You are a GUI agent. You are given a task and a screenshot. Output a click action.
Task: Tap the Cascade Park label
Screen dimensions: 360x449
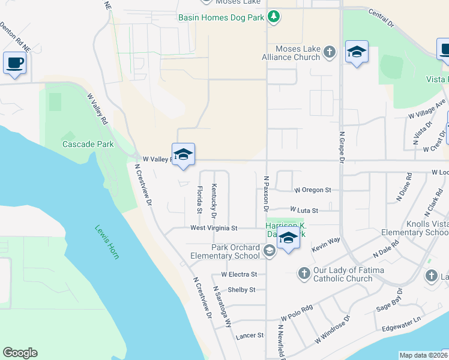[88, 145]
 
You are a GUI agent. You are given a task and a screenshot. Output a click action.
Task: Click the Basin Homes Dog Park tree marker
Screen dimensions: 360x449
[274, 16]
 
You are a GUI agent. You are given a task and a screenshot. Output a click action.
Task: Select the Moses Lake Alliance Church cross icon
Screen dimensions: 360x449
[329, 52]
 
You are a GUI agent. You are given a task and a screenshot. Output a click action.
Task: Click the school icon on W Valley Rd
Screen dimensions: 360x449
[183, 155]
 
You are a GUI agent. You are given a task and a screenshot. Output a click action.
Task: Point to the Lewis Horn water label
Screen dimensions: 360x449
[107, 242]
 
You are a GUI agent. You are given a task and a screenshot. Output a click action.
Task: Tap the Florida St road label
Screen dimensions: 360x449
[199, 200]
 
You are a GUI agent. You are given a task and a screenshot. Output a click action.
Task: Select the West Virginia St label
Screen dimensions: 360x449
[214, 228]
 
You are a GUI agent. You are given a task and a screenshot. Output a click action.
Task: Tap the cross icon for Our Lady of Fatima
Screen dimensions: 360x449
[304, 274]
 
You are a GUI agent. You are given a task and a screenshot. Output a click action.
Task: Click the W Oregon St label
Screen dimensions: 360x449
[312, 190]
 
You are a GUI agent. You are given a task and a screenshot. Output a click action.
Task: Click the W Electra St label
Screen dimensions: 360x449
[239, 274]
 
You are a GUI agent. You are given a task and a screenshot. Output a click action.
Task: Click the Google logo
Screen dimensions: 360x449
[20, 353]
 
